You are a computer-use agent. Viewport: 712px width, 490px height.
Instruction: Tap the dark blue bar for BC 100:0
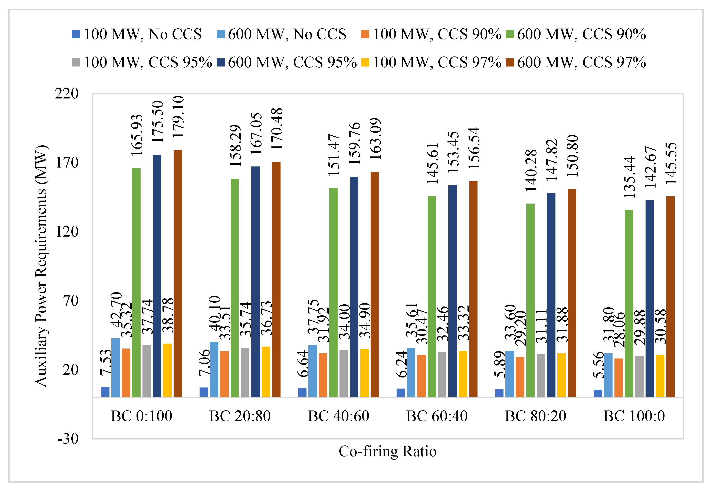649,298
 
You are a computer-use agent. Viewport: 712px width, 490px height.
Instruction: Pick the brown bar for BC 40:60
375,284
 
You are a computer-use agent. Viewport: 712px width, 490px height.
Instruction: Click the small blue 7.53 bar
105,392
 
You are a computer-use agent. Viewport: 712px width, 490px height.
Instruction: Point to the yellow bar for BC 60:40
463,374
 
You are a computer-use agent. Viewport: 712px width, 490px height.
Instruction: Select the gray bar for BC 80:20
541,375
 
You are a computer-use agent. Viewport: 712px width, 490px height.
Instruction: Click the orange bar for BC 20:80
224,374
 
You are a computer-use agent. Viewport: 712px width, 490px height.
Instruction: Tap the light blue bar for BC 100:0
608,375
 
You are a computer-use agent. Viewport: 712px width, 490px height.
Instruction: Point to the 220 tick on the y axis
67,93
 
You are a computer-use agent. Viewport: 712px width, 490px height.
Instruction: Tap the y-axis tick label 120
67,231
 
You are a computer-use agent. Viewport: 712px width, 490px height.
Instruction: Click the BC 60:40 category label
437,416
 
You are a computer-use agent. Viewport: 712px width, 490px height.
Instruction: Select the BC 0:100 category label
141,416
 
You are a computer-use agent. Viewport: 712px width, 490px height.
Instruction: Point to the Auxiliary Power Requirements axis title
41,266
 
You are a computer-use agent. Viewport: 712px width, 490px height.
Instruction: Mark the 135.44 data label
629,177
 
